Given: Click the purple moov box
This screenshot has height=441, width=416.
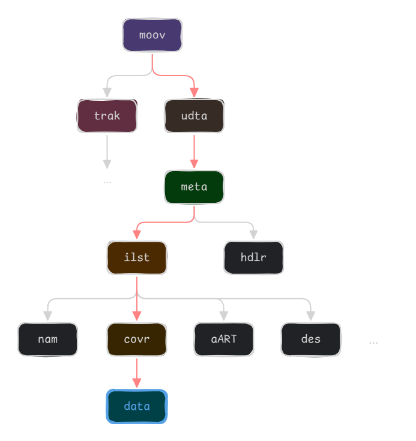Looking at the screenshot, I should pos(152,35).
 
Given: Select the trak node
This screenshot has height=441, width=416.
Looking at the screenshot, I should pos(107,116).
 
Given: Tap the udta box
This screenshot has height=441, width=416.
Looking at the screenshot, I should pos(194,116).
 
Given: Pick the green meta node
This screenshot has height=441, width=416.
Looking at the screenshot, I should pos(194,187).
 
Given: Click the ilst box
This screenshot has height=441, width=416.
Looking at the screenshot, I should pos(137,257).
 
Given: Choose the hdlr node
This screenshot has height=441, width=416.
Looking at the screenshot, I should pos(253,257).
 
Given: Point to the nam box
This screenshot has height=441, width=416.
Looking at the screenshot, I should pos(47,339).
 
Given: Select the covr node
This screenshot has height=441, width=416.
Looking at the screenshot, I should pos(137,339).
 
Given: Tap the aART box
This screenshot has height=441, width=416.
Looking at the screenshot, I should pos(223,339).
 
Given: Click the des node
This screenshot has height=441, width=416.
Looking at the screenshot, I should pos(311,339).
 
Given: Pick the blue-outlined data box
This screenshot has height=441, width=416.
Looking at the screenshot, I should pos(137,406).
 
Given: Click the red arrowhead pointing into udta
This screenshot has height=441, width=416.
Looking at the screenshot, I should pos(194,92).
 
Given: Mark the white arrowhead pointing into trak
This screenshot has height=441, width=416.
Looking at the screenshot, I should pos(107,92).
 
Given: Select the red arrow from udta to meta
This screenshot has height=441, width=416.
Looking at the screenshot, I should pos(194,150).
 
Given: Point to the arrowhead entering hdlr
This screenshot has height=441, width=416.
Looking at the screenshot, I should pos(253,233).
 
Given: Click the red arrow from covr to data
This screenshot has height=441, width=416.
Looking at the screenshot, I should pos(137,372).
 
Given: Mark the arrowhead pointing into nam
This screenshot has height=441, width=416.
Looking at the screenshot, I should pos(47,315).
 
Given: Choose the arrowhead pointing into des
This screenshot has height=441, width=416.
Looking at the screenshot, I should pos(311,315).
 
